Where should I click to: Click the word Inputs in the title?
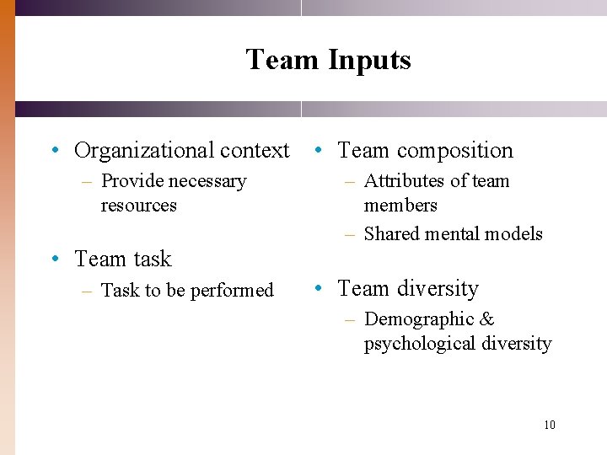tap(369, 61)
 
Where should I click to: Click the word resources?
tap(138, 206)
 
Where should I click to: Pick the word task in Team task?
tap(153, 260)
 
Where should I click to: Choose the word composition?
tap(454, 151)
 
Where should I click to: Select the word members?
tap(400, 206)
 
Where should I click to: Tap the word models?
tap(513, 234)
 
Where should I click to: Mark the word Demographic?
tap(419, 320)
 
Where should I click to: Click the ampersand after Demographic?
tap(487, 320)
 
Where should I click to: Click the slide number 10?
tap(549, 425)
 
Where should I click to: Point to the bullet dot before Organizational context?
tap(53, 151)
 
